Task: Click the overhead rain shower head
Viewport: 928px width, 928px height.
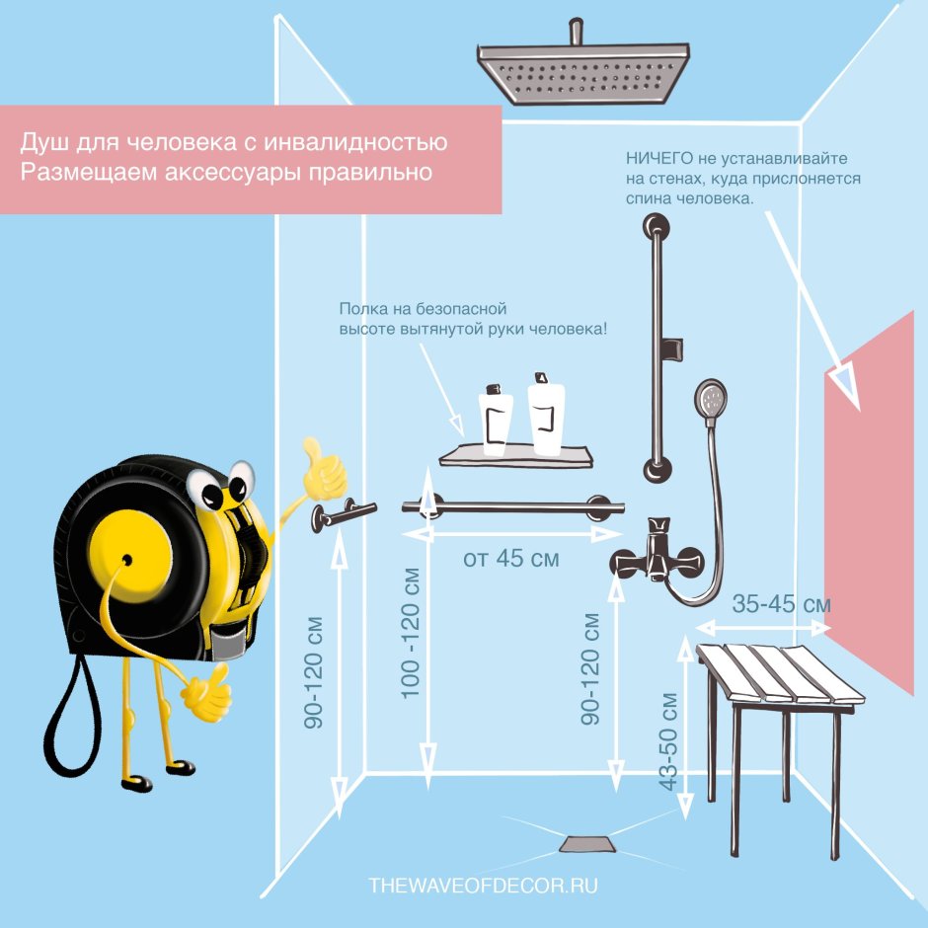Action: [582, 72]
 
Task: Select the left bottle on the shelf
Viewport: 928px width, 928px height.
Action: [496, 421]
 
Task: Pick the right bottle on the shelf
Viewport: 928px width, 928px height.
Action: [546, 415]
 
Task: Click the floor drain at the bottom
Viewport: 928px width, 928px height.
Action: [588, 844]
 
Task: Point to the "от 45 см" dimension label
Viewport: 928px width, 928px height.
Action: [510, 559]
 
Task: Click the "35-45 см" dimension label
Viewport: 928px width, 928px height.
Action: [781, 604]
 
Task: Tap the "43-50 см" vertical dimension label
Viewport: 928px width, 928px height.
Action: [668, 741]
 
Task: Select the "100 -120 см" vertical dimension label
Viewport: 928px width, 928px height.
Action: [410, 633]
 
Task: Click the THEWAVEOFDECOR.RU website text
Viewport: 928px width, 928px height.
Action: [483, 886]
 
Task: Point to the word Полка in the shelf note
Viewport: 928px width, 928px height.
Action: [360, 309]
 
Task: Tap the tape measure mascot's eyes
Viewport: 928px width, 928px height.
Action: [220, 484]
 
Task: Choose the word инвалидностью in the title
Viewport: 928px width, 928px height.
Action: [355, 142]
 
